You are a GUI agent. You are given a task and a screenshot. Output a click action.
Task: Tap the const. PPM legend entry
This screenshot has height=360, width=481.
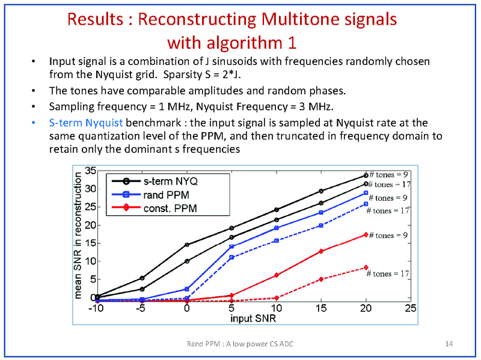(x=170, y=208)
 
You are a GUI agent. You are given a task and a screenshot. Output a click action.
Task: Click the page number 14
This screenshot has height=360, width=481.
(x=449, y=343)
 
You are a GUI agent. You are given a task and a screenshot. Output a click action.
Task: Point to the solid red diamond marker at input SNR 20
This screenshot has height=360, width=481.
(x=366, y=235)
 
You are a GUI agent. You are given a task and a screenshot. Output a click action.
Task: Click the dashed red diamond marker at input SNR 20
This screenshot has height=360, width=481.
(x=366, y=267)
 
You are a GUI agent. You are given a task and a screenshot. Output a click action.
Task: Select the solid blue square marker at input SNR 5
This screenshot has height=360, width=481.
(x=231, y=246)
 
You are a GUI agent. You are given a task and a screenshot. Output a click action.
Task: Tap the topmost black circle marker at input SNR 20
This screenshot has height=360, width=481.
(x=366, y=175)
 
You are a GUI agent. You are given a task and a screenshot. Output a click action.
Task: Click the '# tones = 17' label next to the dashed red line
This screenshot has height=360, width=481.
(x=388, y=273)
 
